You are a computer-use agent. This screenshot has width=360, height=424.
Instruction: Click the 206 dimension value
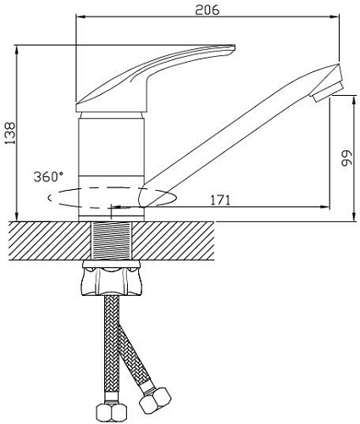[208, 10]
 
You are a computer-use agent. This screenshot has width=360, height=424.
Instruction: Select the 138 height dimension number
[10, 133]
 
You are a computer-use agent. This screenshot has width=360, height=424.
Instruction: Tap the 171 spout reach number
[220, 200]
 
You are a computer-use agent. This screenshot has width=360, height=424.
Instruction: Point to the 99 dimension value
[346, 159]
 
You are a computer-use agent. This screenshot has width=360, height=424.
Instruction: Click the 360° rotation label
[48, 177]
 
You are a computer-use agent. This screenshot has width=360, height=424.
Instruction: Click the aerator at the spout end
[328, 92]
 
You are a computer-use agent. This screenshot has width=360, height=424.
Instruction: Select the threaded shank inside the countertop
[111, 241]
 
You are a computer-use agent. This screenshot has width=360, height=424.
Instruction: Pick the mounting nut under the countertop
[111, 279]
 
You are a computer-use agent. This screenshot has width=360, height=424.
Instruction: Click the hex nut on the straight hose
[111, 414]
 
